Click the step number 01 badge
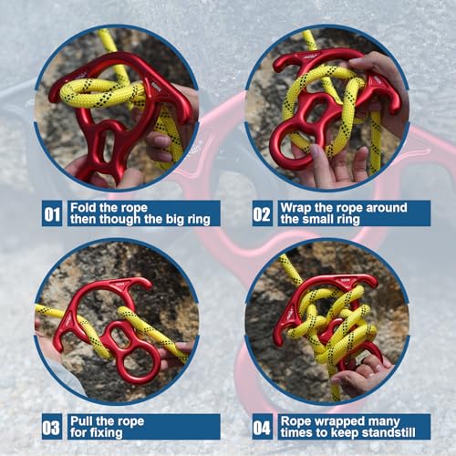coord(53,213)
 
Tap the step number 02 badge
coord(263,213)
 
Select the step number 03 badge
coord(53,426)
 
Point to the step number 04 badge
coord(263,426)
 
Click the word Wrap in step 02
coord(295,207)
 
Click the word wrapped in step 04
coord(339,420)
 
